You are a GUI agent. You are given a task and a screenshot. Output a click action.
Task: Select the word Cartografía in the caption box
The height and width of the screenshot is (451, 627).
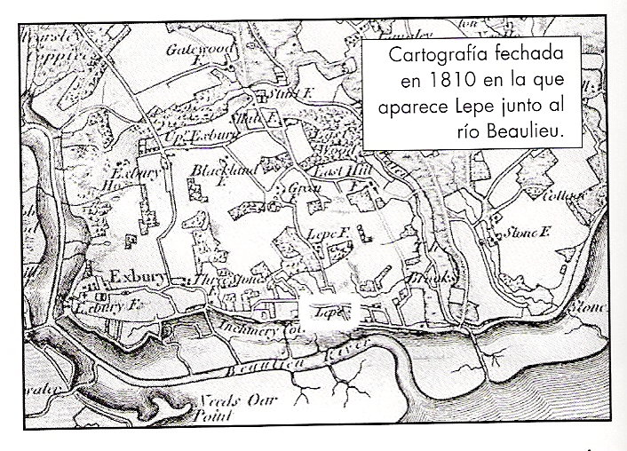click(439, 55)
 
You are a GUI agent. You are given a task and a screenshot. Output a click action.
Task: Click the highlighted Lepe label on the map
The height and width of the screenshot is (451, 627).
click(328, 313)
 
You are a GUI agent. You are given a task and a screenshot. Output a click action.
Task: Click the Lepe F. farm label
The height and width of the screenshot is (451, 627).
click(325, 232)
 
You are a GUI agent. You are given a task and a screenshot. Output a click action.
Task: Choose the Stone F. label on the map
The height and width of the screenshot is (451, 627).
click(530, 233)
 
